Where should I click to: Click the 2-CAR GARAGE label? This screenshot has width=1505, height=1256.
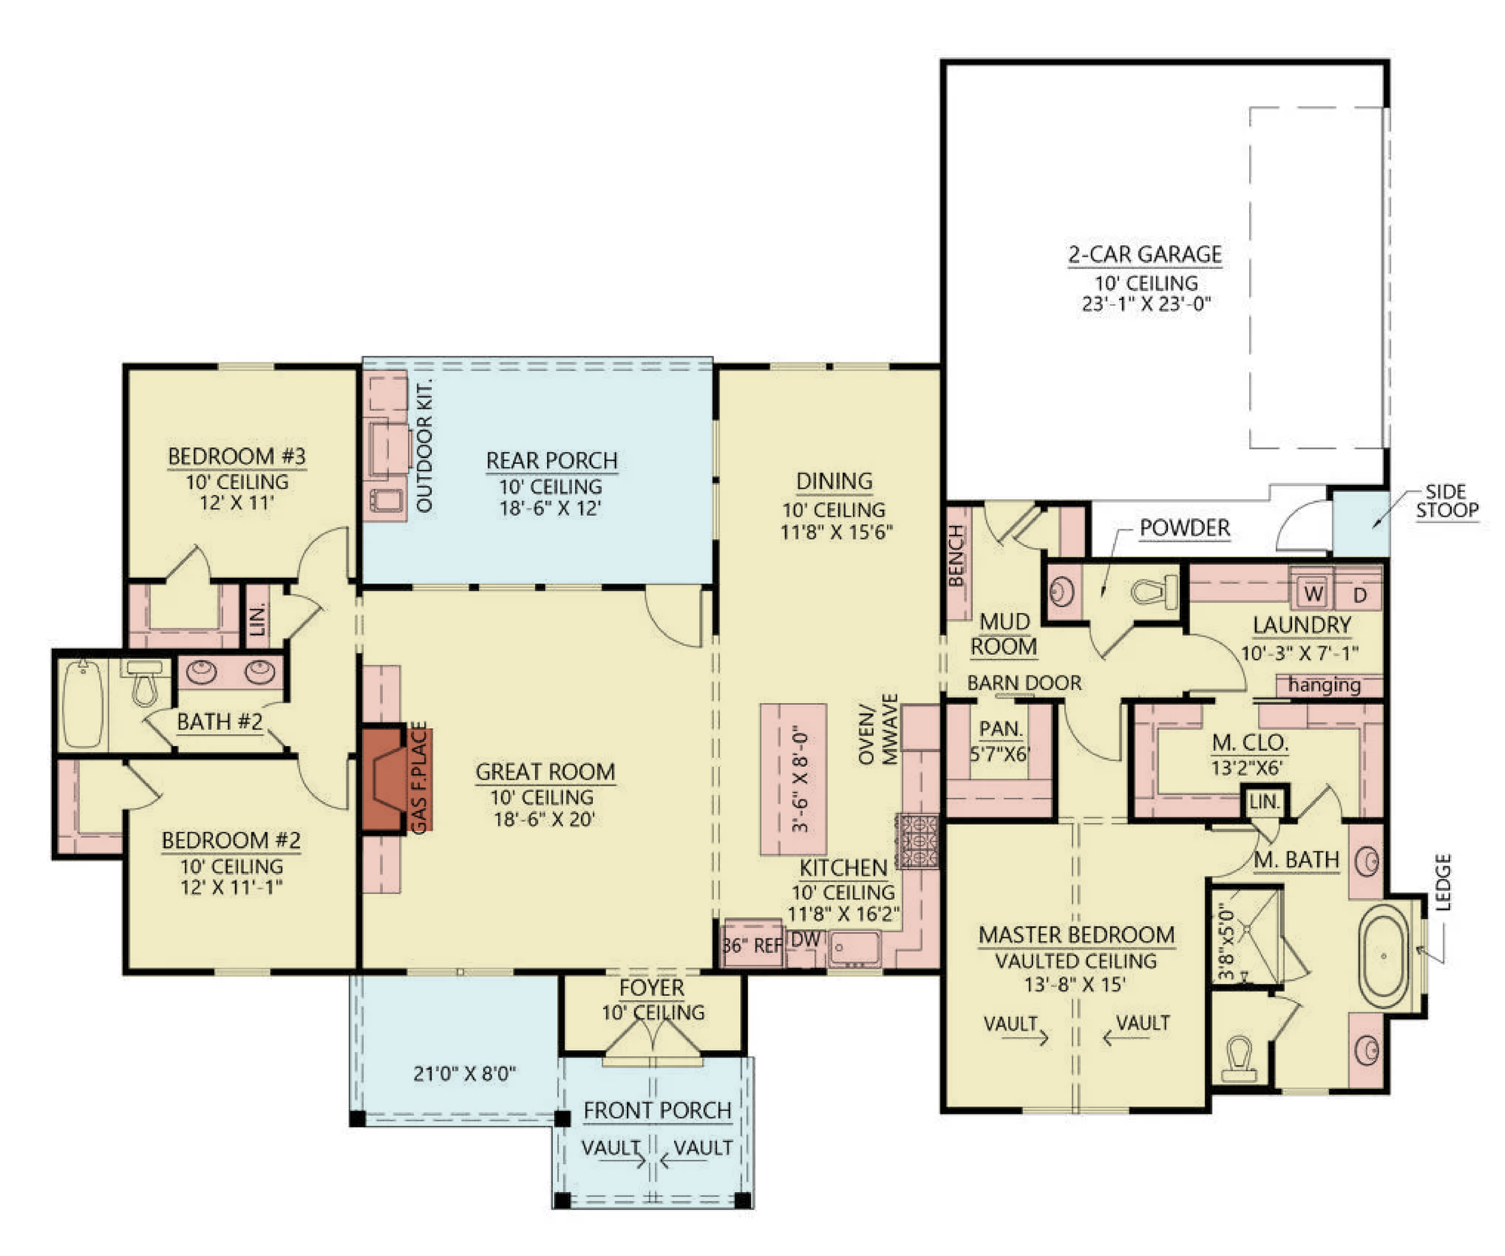(1145, 254)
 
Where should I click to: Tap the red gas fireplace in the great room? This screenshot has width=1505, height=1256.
(385, 779)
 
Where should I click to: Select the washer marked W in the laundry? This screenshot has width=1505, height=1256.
(1313, 593)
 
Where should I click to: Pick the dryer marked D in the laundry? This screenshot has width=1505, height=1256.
(1360, 595)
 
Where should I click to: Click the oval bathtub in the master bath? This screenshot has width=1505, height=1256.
(1385, 956)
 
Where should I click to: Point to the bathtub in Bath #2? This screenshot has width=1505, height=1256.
(82, 703)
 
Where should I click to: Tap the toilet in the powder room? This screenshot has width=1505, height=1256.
(1154, 592)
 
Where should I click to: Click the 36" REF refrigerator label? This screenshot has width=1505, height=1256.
(752, 945)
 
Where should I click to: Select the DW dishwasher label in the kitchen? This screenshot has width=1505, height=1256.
(805, 939)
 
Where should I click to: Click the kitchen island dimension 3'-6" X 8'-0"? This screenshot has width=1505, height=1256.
(801, 778)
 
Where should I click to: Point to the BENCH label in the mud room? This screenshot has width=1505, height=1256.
(956, 556)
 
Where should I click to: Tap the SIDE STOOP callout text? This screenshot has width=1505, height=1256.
(1447, 501)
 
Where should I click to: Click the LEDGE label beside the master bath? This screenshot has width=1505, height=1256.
(1443, 882)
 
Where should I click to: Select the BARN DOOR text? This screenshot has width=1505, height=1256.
(1024, 683)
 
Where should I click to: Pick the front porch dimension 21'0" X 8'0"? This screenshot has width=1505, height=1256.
(464, 1073)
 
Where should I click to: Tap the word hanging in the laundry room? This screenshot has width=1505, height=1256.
(1324, 685)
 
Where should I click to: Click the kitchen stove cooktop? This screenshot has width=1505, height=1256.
(918, 842)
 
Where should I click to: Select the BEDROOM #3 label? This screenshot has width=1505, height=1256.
(236, 457)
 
